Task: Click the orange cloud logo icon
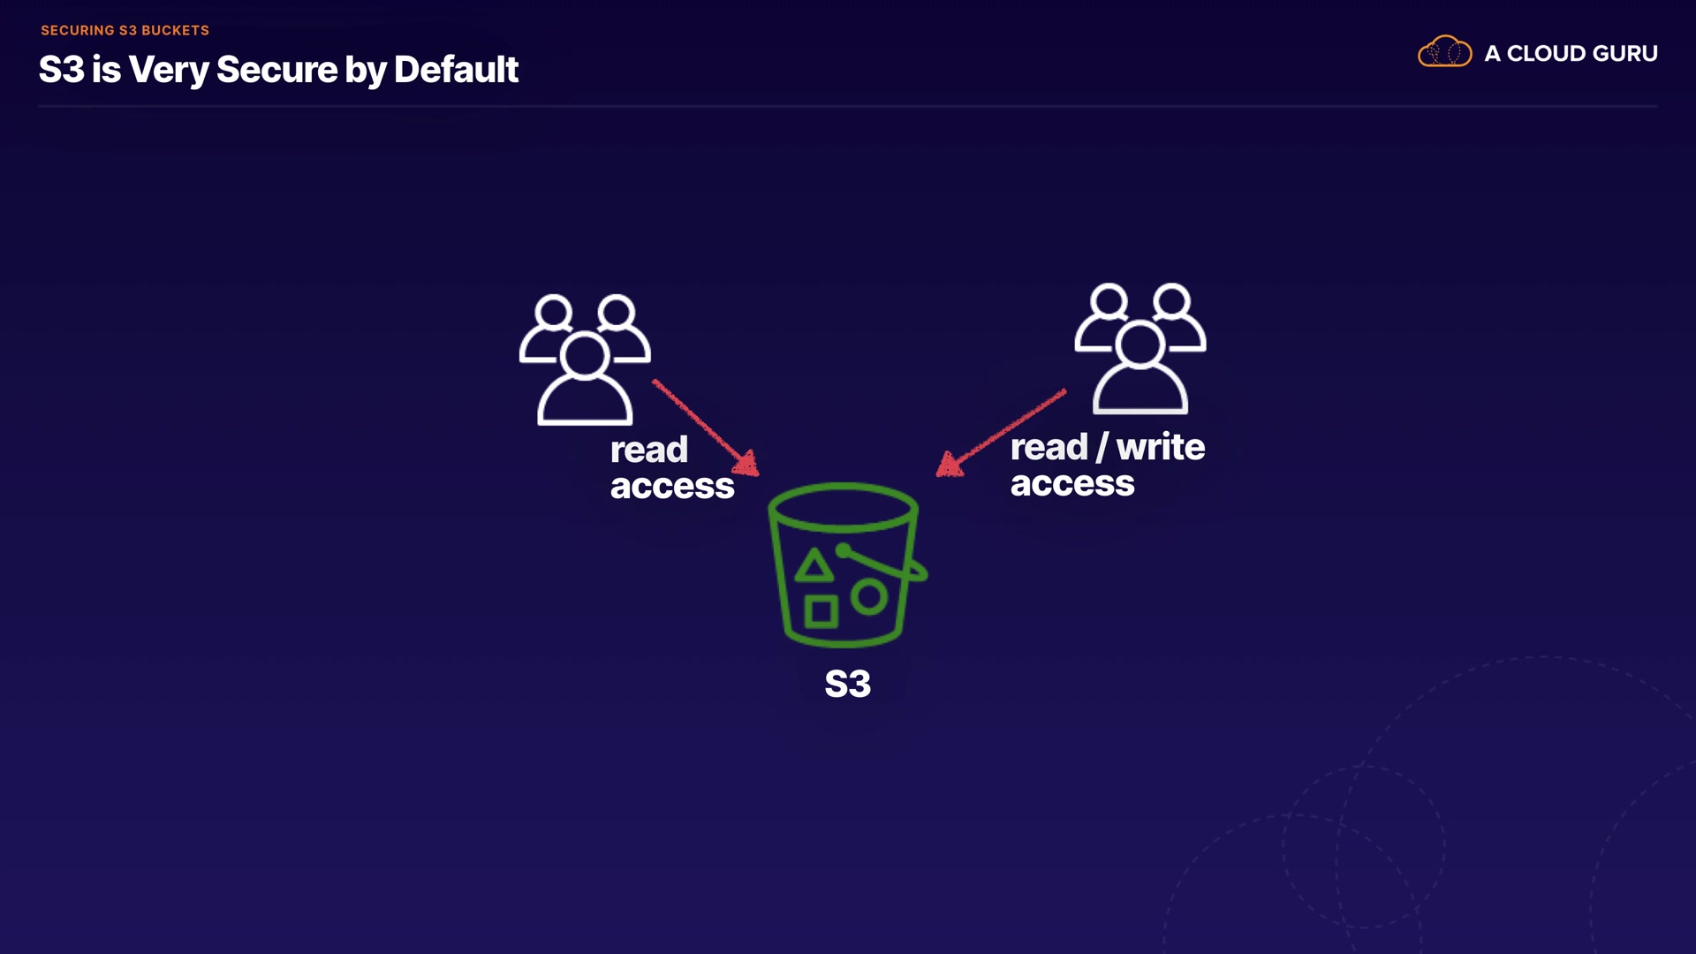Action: (1444, 52)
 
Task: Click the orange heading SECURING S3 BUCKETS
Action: (125, 30)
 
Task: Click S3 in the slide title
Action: (61, 70)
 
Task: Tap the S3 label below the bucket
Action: (847, 684)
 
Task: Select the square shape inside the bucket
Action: (821, 611)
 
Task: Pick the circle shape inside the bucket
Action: (869, 598)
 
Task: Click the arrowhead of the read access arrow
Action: (747, 464)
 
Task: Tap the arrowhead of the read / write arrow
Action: (948, 465)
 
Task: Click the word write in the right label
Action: (1160, 448)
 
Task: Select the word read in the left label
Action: (648, 450)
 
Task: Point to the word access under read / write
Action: (1071, 484)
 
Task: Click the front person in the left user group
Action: (585, 380)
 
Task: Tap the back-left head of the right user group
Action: (1109, 302)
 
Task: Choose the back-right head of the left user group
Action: (616, 312)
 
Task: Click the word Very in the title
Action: (168, 70)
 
